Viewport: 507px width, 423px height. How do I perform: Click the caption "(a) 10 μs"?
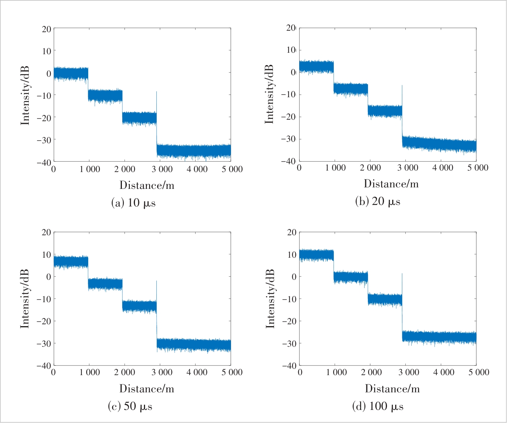tap(133, 203)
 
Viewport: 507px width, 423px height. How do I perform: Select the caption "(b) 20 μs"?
tap(378, 202)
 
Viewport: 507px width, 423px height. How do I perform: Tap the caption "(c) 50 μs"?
tap(130, 407)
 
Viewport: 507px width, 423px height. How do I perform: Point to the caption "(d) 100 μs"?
tap(378, 407)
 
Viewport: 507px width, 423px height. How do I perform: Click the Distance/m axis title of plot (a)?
tap(147, 185)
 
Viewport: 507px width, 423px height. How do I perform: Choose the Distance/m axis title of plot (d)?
tap(392, 389)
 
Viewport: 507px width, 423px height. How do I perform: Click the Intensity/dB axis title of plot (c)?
tap(25, 299)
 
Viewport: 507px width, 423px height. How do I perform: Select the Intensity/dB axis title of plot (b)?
tap(269, 94)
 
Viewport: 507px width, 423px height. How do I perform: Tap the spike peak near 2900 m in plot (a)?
tap(156, 92)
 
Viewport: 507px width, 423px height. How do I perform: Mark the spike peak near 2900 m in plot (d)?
tap(402, 274)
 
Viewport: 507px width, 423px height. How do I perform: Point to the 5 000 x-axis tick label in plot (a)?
tap(232, 169)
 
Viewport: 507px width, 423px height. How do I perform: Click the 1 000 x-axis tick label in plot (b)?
tap(335, 168)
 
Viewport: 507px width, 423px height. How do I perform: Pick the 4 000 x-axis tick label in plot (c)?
tap(197, 373)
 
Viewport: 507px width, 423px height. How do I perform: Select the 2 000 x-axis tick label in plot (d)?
tap(371, 373)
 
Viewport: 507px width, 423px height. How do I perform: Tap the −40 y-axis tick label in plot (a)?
tap(44, 162)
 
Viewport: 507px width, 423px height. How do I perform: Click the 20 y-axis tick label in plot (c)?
tap(46, 232)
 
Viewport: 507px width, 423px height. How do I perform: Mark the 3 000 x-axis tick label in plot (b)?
tap(408, 168)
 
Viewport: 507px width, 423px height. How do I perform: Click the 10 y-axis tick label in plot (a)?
tap(46, 51)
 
